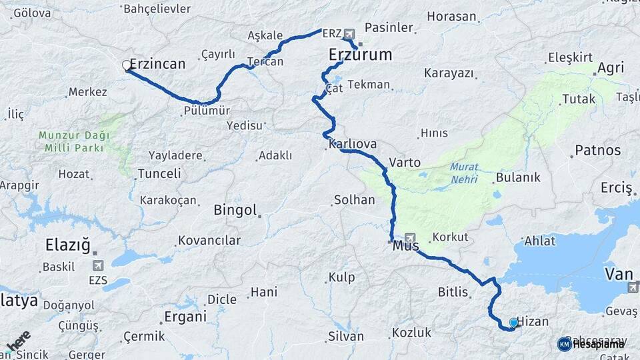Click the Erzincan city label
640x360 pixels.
pos(157,65)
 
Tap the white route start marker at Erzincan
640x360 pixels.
pos(127,65)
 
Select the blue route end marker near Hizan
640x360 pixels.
pos(513,323)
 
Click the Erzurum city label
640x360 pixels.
pos(361,55)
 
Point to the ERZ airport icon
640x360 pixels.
pos(349,33)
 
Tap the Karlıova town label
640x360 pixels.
pos(353,144)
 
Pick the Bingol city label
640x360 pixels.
pos(235,211)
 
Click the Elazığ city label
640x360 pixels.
pos(67,245)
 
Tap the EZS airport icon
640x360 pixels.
pos(99,265)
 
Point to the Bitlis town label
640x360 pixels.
pos(454,291)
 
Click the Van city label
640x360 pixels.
pos(619,273)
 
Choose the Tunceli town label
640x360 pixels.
pos(159,174)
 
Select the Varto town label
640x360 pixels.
pos(405,162)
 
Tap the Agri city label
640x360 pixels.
pos(611,68)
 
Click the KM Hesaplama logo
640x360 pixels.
pos(591,343)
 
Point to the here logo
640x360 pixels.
pos(18,341)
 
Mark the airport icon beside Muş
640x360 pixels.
pos(409,238)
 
